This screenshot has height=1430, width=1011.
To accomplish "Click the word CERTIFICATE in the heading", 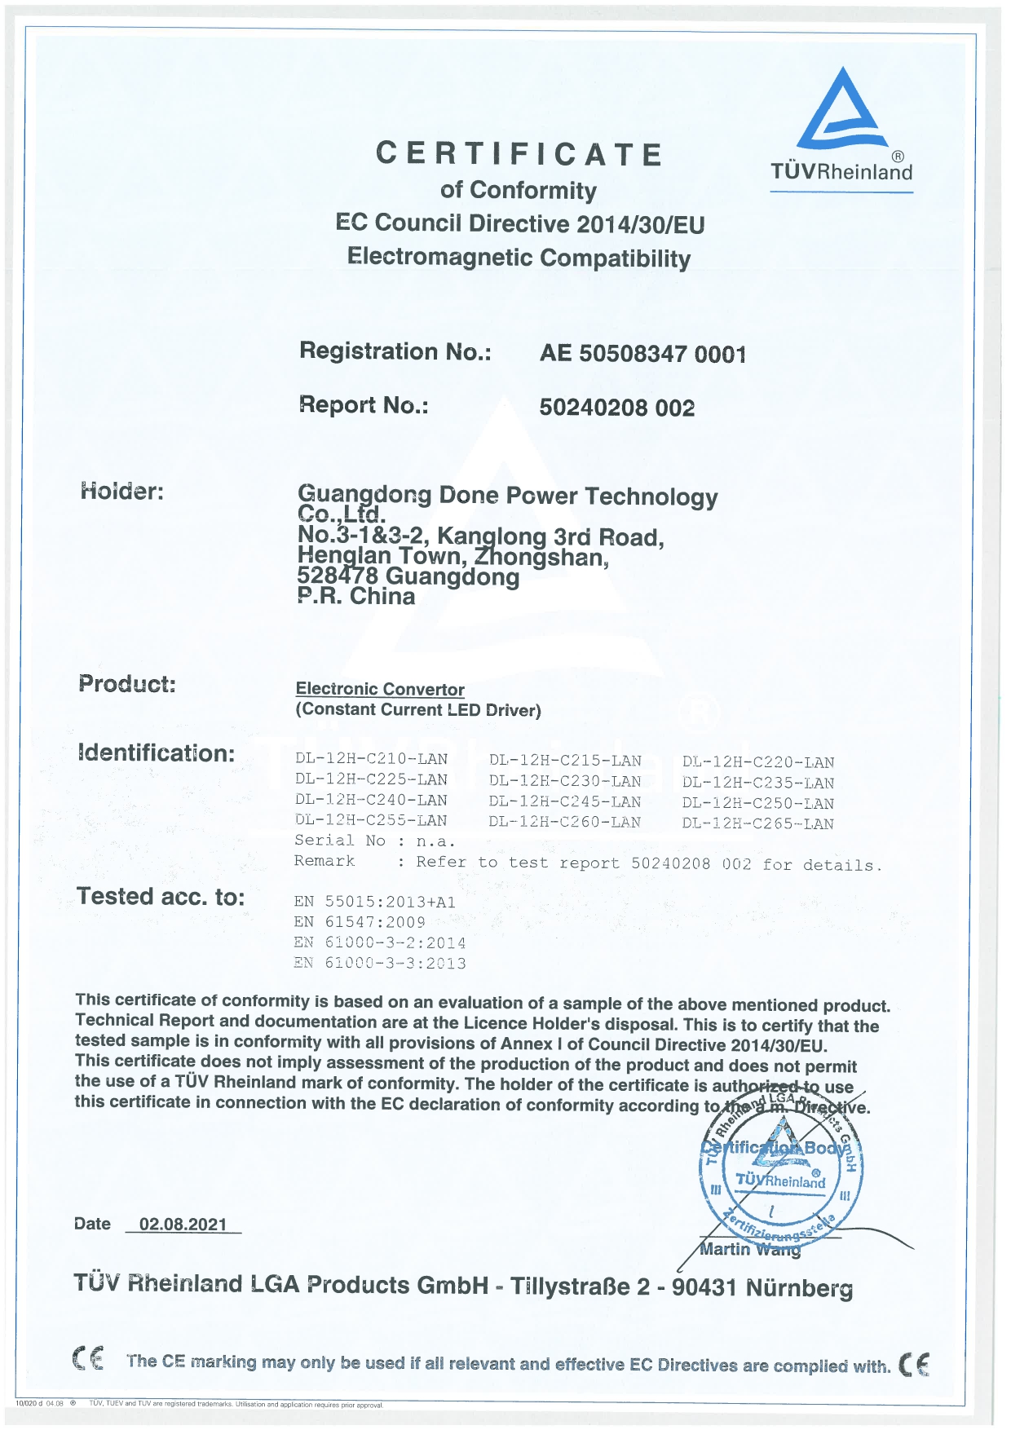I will click(519, 154).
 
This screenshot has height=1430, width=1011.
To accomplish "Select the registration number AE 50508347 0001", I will click(642, 354).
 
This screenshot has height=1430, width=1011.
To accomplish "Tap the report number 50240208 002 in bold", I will click(616, 408).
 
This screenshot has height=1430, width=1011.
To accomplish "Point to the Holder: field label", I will click(122, 492).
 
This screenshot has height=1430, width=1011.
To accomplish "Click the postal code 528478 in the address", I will click(338, 576).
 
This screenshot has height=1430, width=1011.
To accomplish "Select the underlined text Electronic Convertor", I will click(380, 690).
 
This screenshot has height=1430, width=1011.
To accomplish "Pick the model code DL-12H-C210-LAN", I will click(372, 759).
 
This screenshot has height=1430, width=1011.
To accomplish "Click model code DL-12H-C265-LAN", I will click(758, 823).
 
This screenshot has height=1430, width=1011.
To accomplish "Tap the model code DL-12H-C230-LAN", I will click(565, 780).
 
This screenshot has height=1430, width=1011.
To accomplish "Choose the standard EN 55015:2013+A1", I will click(375, 902).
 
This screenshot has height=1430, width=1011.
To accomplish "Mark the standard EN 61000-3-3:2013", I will click(380, 963).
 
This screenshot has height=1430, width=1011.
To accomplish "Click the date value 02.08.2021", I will click(183, 1225).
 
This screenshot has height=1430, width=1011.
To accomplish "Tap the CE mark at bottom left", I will click(88, 1359).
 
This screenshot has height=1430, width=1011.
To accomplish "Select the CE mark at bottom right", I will click(914, 1364).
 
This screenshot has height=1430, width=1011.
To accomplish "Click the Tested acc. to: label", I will click(161, 897).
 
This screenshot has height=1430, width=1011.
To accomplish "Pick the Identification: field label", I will click(157, 753).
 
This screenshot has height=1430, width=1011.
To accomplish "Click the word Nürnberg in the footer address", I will click(799, 1288).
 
